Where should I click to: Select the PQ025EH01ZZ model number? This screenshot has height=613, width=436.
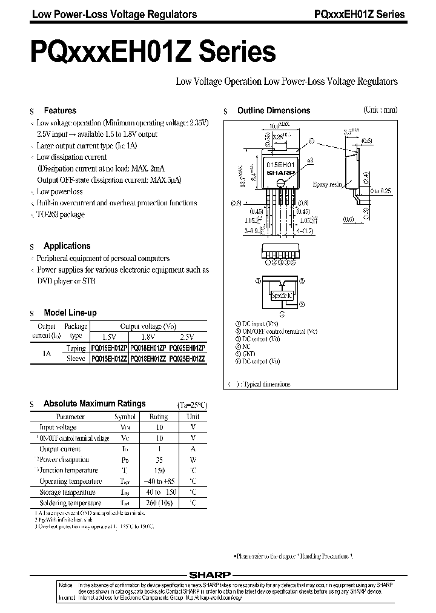coord(188,358)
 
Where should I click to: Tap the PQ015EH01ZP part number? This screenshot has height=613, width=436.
coord(109,348)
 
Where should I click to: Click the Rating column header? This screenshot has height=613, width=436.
coord(159,417)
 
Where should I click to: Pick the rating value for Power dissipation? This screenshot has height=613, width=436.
coord(159,460)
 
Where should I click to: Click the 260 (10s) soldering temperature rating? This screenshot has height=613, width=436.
coord(159,503)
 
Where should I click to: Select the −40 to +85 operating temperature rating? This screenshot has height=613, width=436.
coord(159,482)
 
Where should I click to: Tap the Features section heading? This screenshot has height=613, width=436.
coord(60,111)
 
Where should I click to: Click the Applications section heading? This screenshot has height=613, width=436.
coord(67,246)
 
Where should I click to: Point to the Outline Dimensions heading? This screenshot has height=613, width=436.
coord(273,111)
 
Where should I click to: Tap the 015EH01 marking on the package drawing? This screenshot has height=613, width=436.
coord(280,165)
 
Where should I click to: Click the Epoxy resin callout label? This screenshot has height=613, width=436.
coord(328,184)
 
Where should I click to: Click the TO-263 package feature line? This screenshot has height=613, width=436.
coord(61,214)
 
